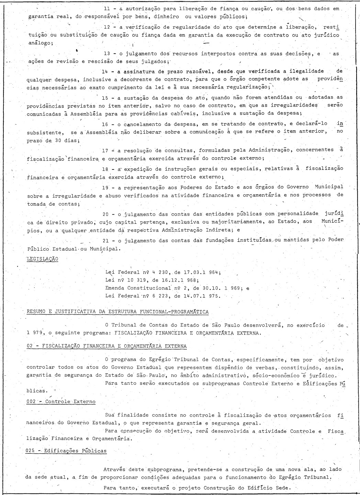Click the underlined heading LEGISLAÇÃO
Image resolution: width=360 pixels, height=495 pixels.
[x=42, y=259]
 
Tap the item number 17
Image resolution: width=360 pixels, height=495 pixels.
[x=105, y=150]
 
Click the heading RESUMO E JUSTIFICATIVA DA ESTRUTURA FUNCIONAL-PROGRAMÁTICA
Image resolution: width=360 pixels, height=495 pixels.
[x=117, y=312]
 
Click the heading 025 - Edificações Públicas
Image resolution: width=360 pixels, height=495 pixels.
[x=66, y=451]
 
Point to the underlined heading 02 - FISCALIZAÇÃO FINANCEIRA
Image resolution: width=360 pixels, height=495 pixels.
[x=106, y=346]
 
